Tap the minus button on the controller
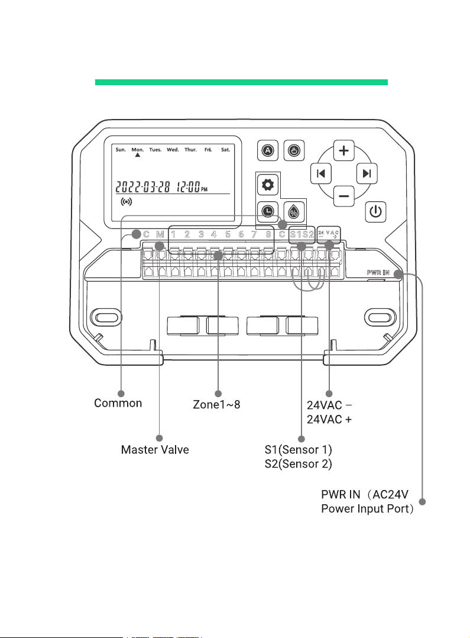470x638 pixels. tap(343, 196)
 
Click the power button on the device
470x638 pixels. tap(375, 212)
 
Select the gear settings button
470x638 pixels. tap(268, 185)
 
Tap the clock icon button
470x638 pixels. tap(268, 211)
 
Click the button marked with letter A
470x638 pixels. tap(268, 150)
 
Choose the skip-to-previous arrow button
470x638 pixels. tap(321, 174)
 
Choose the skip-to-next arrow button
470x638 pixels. tap(367, 174)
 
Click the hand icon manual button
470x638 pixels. tap(294, 150)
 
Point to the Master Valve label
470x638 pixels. tap(155, 450)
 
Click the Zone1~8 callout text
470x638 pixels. tap(216, 404)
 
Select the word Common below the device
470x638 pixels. tap(118, 403)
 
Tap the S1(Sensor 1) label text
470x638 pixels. tap(299, 450)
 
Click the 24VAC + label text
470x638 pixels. tap(329, 420)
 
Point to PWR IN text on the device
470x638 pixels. tap(378, 273)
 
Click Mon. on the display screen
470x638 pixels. tap(137, 150)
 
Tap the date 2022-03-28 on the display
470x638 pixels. tap(142, 187)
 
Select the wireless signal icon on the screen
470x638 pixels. tap(127, 202)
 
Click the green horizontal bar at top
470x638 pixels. tap(242, 82)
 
